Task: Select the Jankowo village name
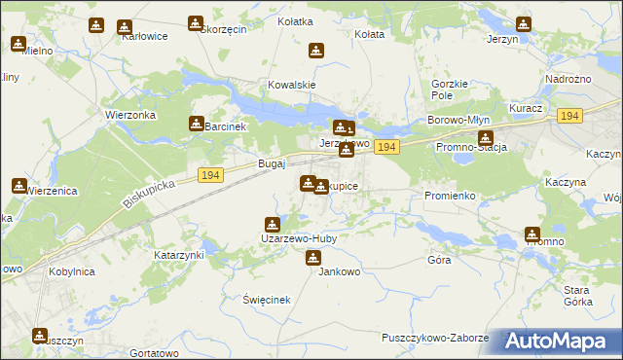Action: (340, 272)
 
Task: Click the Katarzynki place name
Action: (178, 255)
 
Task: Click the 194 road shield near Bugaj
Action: (211, 174)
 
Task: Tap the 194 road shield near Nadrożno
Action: (570, 116)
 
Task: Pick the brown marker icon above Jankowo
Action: (313, 258)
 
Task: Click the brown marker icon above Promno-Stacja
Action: (486, 137)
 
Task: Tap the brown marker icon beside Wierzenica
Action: (19, 185)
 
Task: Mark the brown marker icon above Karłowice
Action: (124, 26)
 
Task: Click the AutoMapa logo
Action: (555, 342)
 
